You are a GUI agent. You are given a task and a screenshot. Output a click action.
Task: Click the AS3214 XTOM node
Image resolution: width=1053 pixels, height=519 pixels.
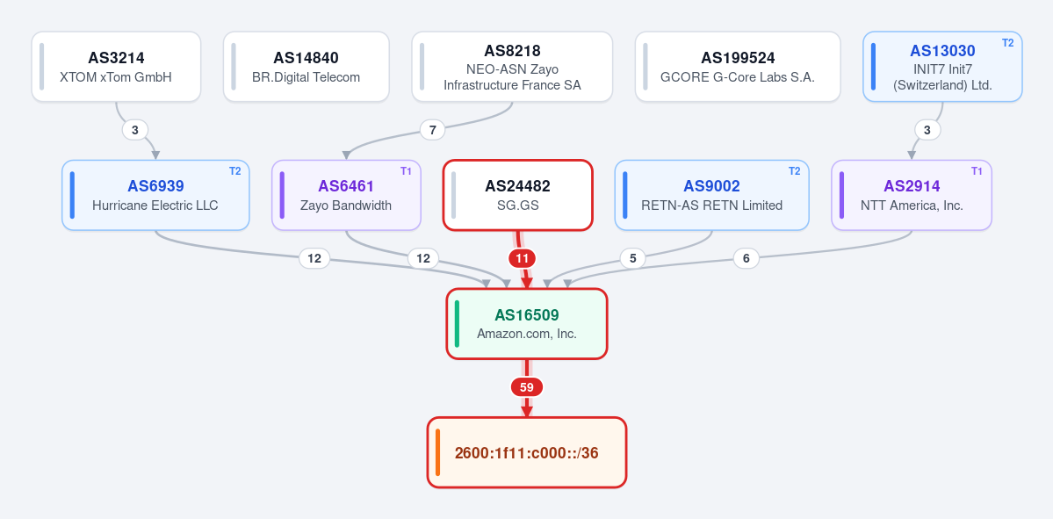116,67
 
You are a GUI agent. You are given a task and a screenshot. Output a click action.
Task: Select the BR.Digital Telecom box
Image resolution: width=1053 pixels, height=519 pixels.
307,67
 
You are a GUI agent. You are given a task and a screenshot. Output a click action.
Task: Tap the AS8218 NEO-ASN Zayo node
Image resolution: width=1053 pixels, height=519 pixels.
512,67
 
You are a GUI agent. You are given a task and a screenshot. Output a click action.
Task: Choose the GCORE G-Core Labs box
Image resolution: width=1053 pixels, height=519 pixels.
738,67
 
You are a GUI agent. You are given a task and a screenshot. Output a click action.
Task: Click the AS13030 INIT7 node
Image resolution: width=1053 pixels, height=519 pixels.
943,67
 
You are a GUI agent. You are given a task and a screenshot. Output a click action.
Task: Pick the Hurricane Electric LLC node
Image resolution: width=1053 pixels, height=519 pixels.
155,195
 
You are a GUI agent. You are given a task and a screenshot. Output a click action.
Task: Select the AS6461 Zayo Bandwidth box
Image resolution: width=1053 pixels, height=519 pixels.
347,195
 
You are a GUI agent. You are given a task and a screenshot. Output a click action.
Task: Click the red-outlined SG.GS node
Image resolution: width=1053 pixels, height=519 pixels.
518,195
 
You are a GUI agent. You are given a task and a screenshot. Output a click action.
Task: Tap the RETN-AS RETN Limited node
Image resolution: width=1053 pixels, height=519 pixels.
712,195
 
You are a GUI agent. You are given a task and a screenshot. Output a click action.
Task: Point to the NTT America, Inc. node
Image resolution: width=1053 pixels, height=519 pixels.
912,195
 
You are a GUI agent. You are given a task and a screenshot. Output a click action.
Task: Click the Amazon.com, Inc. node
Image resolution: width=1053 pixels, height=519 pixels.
527,324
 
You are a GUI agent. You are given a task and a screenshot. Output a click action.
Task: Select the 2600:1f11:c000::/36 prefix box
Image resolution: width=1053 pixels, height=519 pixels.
527,452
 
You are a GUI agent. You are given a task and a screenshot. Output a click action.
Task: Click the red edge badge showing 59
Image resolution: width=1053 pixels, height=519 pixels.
527,387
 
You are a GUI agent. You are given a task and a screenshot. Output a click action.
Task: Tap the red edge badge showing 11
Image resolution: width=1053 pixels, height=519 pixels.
523,258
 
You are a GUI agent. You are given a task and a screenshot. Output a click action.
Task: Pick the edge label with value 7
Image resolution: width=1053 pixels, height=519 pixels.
432,130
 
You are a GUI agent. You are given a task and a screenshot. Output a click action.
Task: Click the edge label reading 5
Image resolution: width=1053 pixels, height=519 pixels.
632,258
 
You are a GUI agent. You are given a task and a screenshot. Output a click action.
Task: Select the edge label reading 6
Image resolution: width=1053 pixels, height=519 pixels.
746,258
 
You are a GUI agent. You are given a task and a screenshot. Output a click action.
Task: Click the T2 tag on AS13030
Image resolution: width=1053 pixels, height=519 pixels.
1007,43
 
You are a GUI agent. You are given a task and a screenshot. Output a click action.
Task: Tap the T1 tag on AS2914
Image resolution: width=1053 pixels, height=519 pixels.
977,171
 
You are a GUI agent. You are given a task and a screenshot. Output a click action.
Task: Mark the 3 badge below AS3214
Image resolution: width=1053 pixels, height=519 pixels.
135,130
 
